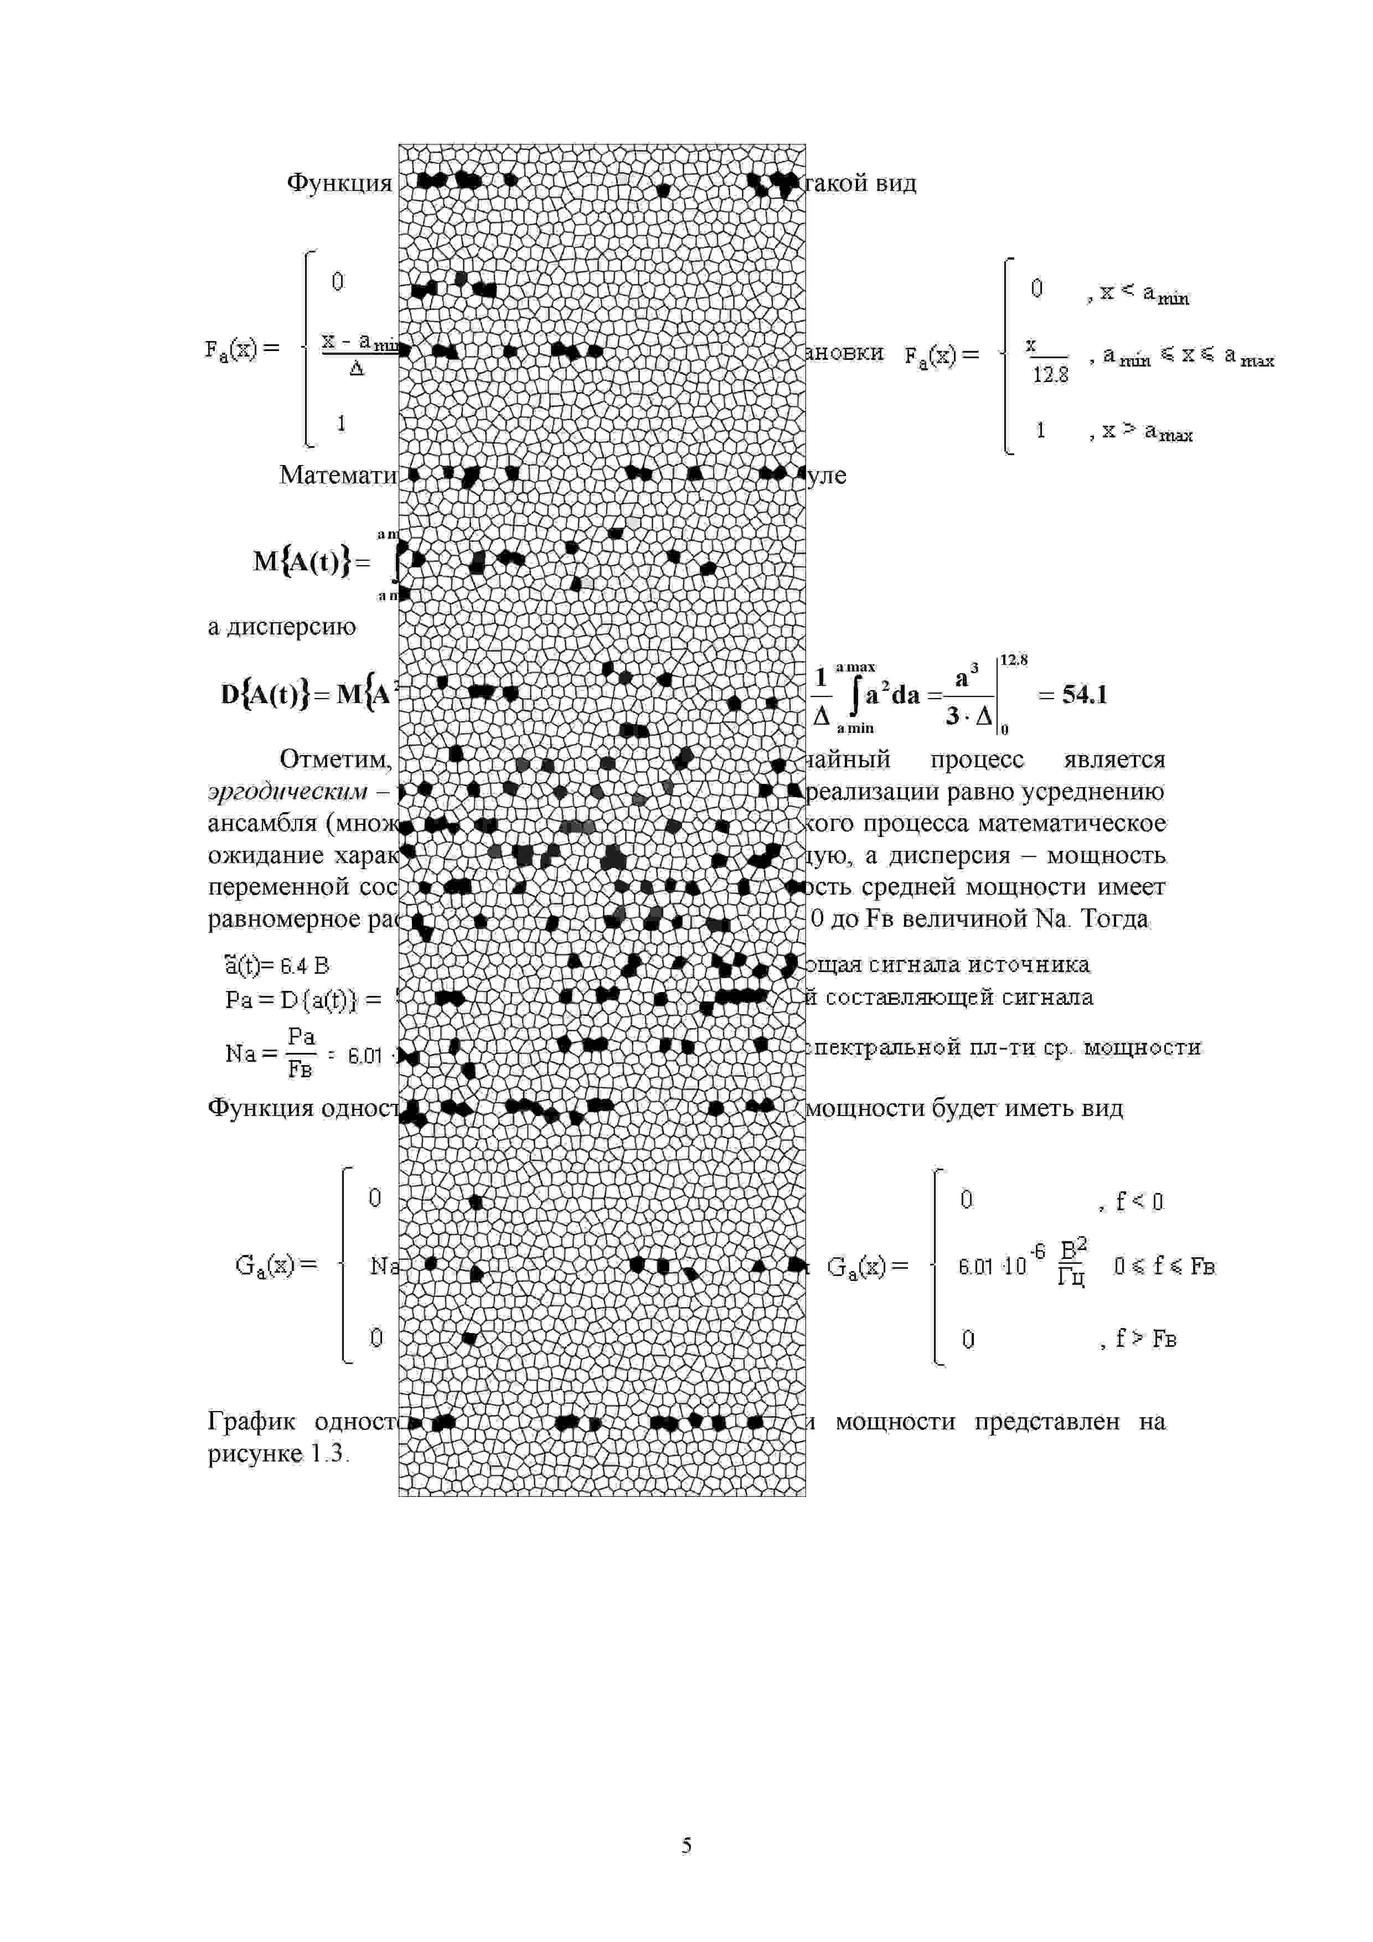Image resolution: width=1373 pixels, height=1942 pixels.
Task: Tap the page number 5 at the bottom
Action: coord(686,1845)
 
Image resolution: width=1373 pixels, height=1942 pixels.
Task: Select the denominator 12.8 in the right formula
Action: coord(1050,375)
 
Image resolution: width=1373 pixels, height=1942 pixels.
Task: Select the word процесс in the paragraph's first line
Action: coord(976,760)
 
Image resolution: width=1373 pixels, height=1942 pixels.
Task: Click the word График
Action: coord(251,1422)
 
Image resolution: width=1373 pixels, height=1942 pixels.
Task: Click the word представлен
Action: coord(1046,1422)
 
